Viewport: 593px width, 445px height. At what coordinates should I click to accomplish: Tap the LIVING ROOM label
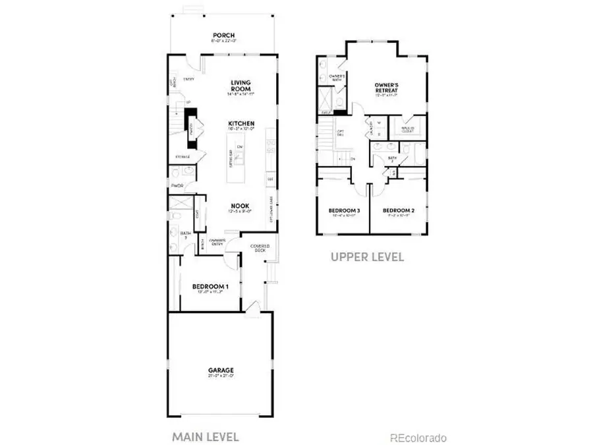click(240, 86)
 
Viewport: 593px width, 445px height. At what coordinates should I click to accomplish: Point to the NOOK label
click(239, 205)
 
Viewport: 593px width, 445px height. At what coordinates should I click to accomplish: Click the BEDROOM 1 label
click(210, 287)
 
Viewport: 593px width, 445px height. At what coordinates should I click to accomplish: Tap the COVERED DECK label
click(257, 249)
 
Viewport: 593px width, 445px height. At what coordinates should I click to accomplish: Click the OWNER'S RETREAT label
click(389, 87)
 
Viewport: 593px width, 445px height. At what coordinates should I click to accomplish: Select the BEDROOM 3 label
click(344, 211)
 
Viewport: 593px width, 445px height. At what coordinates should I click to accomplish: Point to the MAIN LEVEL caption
click(205, 436)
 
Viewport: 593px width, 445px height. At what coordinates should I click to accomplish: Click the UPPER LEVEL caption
click(367, 256)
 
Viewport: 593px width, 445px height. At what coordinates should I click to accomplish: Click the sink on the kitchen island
click(240, 157)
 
